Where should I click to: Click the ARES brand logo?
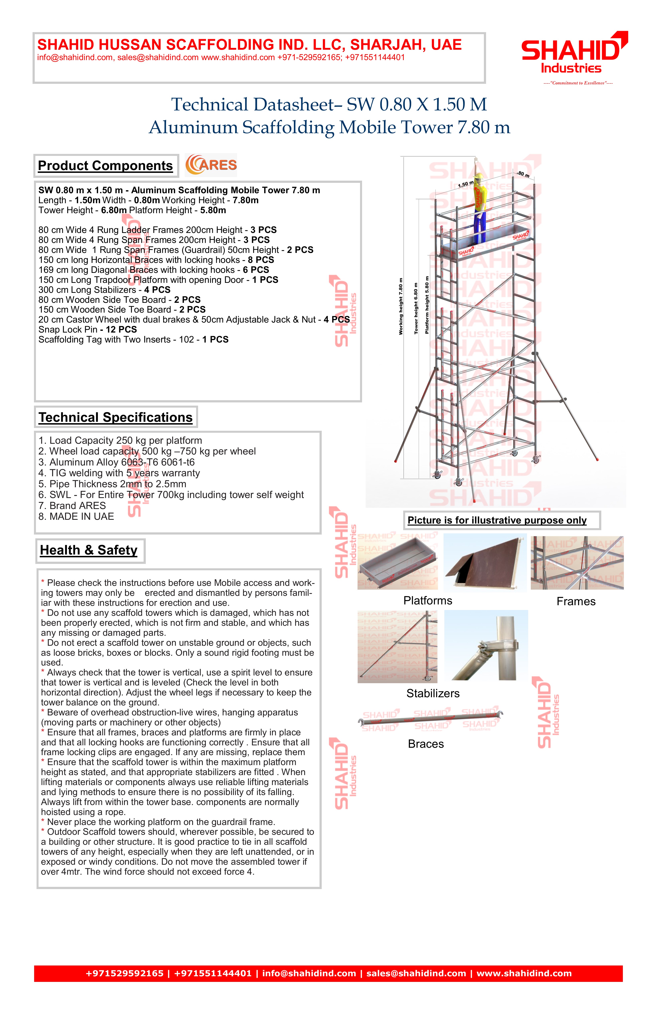click(x=211, y=165)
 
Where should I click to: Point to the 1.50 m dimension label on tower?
click(x=465, y=184)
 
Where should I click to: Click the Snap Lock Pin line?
click(x=88, y=329)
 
